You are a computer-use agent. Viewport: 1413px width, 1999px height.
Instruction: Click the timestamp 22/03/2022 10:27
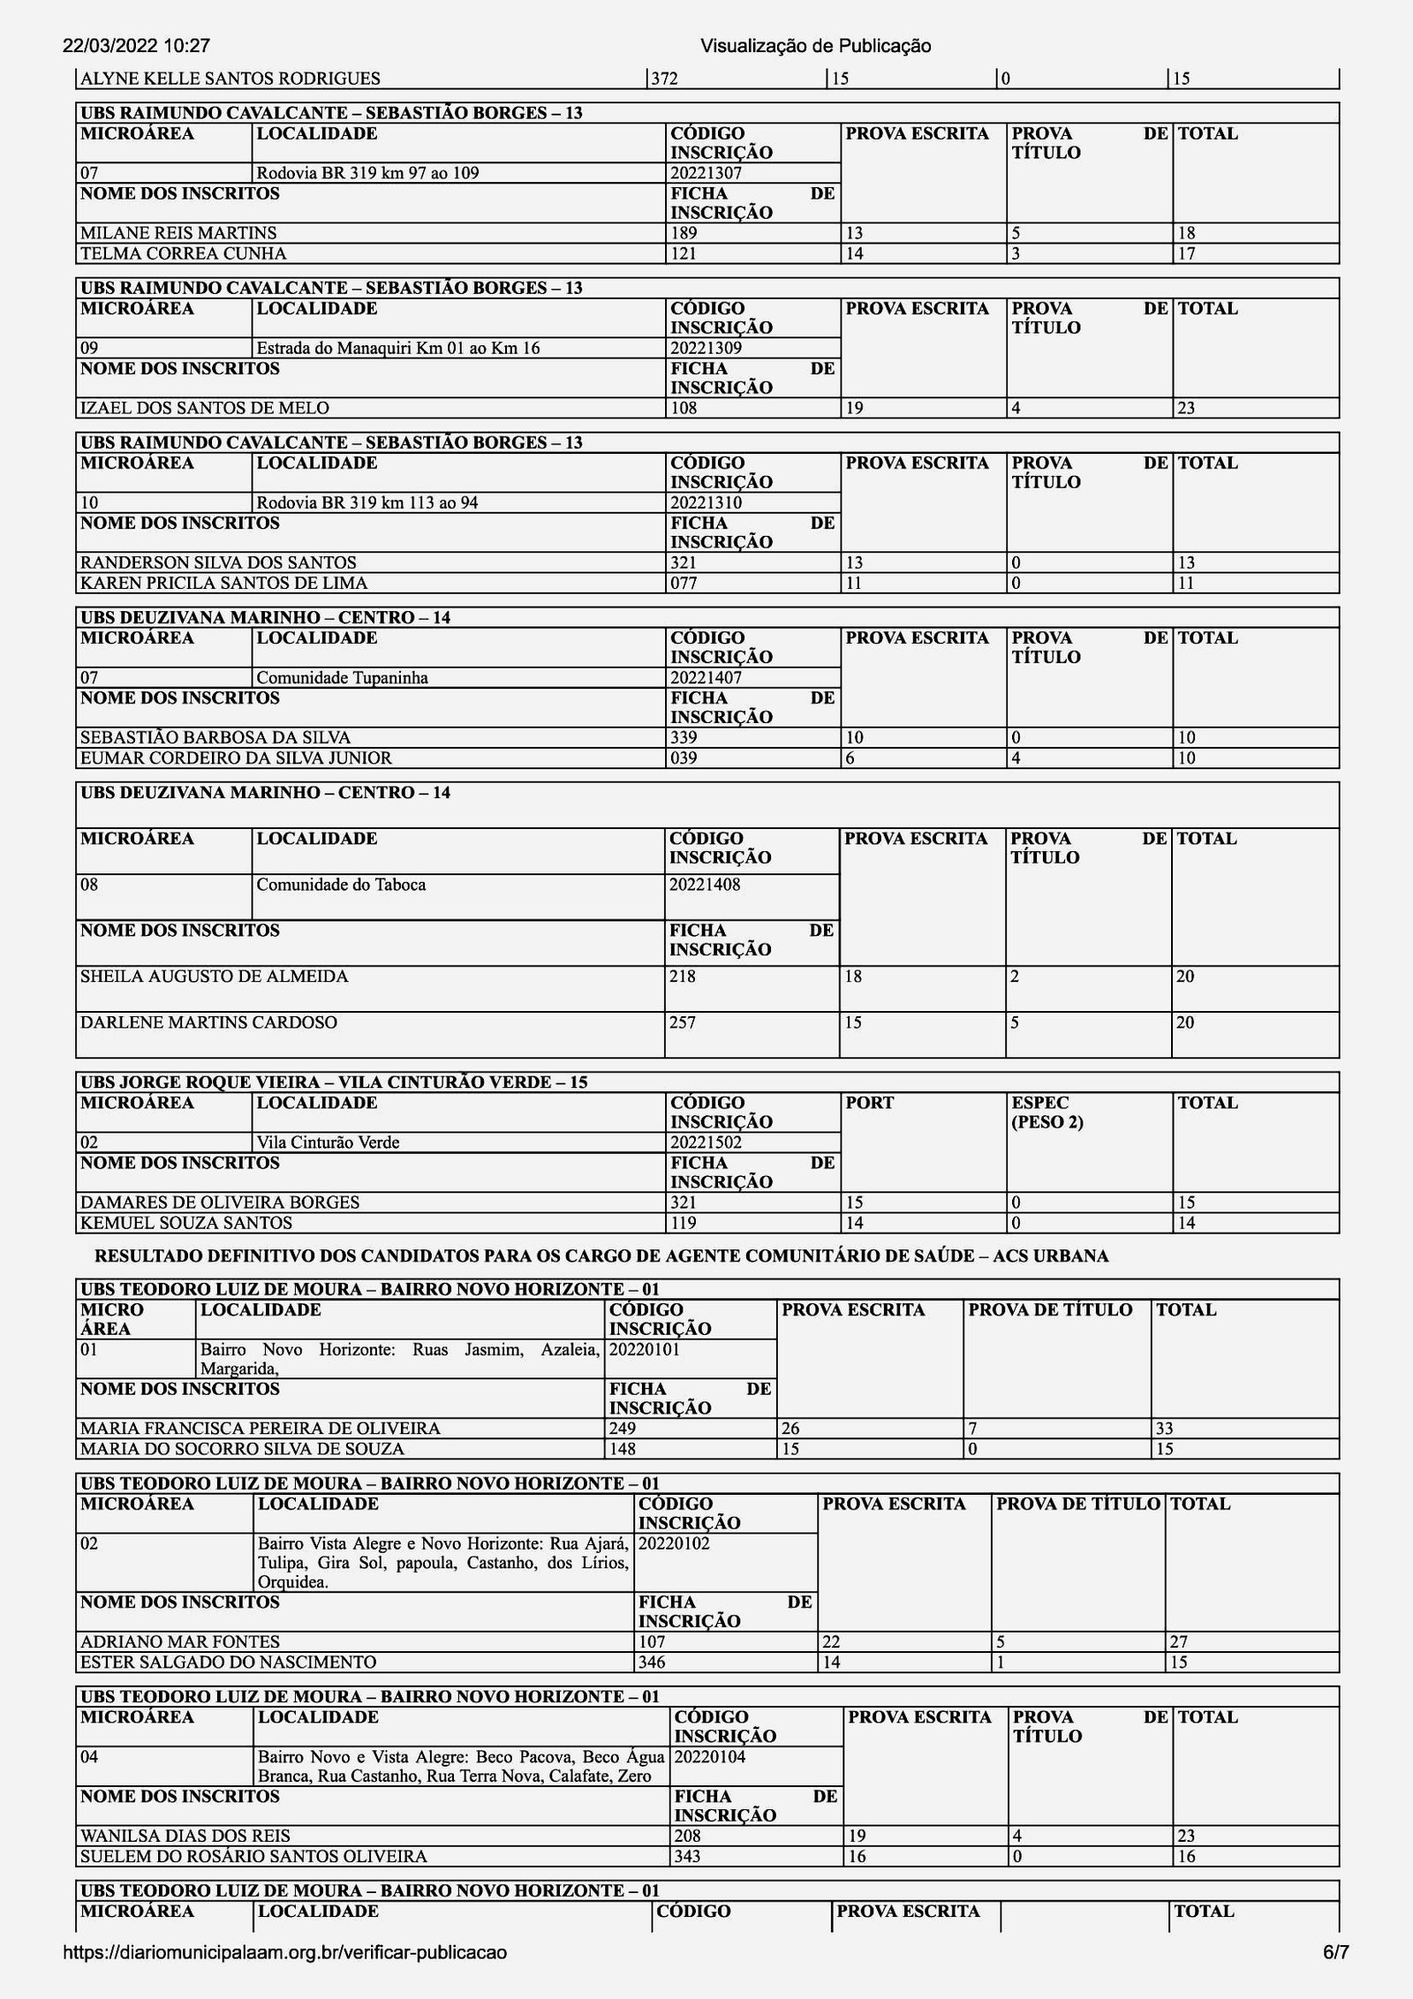click(x=136, y=46)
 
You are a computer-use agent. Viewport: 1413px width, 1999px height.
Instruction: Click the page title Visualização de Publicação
click(x=815, y=46)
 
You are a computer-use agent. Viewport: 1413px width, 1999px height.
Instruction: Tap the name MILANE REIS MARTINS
click(x=178, y=233)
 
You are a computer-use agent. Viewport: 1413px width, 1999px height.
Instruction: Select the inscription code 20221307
click(x=706, y=173)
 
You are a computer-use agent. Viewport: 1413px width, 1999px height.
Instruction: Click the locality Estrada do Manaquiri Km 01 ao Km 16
click(x=397, y=348)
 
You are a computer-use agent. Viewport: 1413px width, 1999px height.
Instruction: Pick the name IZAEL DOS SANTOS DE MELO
click(x=205, y=408)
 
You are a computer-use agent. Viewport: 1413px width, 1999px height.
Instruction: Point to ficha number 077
click(x=684, y=583)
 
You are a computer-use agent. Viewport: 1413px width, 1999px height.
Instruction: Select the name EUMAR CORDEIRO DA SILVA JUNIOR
click(x=236, y=758)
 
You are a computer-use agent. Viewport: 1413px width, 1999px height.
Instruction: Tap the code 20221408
click(x=705, y=884)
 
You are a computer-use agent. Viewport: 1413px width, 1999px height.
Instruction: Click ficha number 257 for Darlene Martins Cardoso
click(x=683, y=1022)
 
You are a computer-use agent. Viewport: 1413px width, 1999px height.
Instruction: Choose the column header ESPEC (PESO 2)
click(x=1047, y=1113)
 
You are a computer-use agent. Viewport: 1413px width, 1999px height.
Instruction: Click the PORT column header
click(x=870, y=1103)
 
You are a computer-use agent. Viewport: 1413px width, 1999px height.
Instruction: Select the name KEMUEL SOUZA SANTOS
click(x=186, y=1223)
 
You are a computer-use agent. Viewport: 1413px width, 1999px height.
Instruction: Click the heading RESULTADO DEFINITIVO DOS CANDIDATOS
click(x=601, y=1256)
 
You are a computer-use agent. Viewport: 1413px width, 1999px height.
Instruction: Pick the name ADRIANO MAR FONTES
click(x=180, y=1641)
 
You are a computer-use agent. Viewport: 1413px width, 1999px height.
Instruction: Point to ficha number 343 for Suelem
click(x=687, y=1856)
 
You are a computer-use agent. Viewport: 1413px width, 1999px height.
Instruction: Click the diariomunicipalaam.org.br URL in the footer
click(x=285, y=1952)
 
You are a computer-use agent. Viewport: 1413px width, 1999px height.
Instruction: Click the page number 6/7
click(x=1335, y=1952)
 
